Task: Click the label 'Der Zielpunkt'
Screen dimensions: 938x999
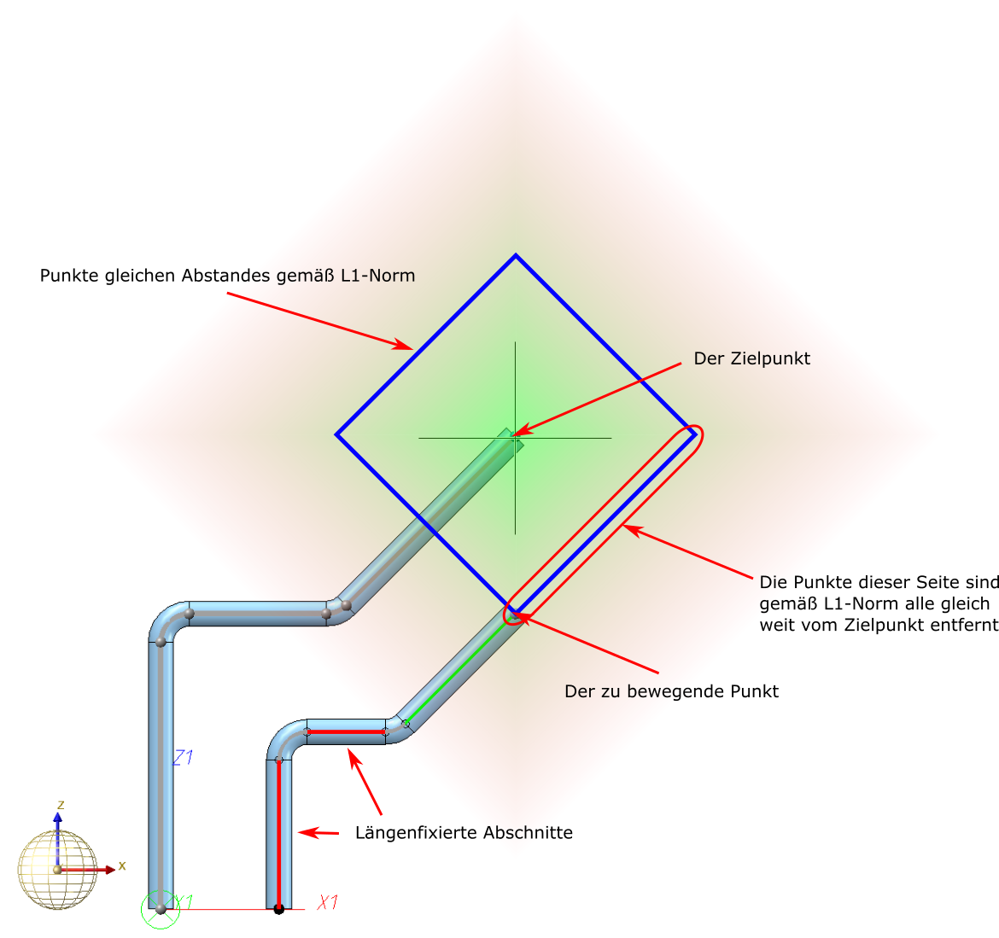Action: tap(751, 359)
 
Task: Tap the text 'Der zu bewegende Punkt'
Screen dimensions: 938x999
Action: tap(671, 691)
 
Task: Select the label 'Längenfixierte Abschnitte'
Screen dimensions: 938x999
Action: tap(464, 832)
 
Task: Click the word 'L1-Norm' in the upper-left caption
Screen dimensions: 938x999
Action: tap(383, 276)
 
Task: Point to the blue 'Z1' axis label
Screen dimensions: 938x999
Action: tap(183, 757)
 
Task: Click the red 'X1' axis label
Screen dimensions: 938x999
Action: tap(328, 902)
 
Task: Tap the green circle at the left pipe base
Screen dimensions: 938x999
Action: tap(161, 910)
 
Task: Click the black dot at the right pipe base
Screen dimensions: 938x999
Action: tap(278, 910)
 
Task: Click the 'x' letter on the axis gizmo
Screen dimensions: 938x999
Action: tap(122, 865)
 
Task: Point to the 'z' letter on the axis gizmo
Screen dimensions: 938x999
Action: tap(61, 805)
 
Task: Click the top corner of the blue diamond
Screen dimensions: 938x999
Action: tap(515, 255)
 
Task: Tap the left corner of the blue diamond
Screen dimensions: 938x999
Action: tap(337, 435)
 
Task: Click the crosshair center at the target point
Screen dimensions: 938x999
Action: tap(515, 438)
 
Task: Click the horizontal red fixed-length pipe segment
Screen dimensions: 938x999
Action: tap(346, 732)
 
